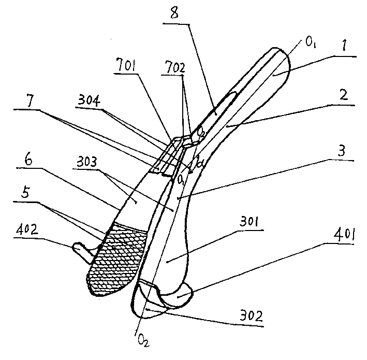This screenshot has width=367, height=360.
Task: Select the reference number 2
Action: tap(340, 96)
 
